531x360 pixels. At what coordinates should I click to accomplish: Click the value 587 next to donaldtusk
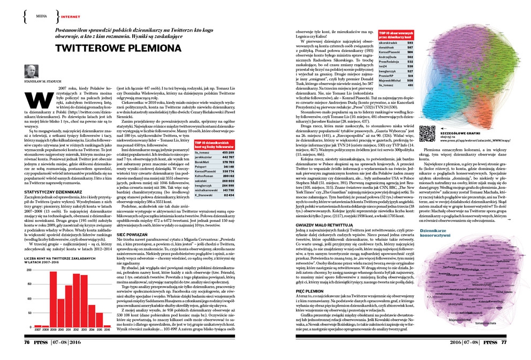pyautogui.click(x=410, y=48)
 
